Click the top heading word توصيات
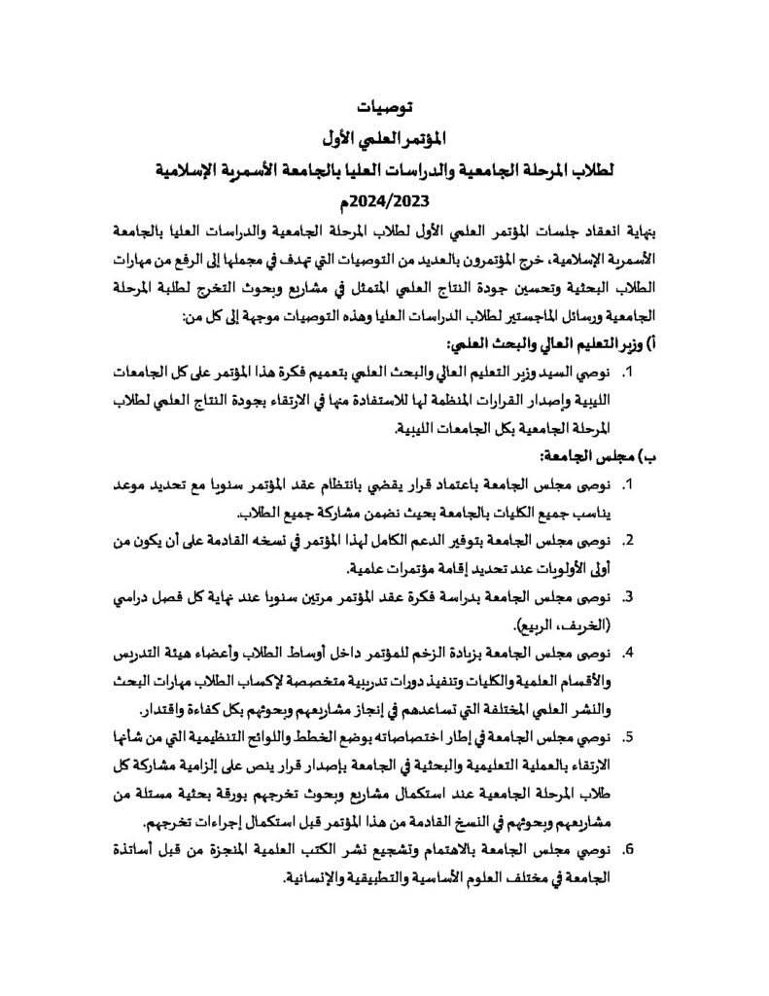pyautogui.click(x=383, y=106)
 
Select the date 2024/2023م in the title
pyautogui.click(x=384, y=200)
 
